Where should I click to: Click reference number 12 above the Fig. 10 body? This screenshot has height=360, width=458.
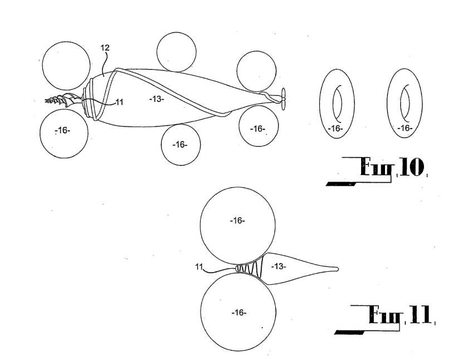(x=104, y=48)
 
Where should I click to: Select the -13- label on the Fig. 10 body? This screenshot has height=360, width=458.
(x=157, y=99)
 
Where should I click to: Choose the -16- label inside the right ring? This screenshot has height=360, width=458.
(x=405, y=129)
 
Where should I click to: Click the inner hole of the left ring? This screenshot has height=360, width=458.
(x=337, y=104)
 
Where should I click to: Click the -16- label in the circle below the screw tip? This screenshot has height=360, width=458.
(x=63, y=130)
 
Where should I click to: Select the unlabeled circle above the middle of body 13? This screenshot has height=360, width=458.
(x=176, y=52)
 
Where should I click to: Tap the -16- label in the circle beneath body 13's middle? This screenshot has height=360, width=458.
(x=179, y=144)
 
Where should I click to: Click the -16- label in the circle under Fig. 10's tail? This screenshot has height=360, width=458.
(x=257, y=129)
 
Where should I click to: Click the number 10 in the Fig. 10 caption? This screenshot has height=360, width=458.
(x=411, y=168)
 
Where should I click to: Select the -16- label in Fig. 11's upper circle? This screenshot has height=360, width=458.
(x=237, y=221)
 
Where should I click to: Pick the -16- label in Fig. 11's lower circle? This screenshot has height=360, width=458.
(x=238, y=312)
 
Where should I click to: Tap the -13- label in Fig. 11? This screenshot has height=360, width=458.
(x=279, y=267)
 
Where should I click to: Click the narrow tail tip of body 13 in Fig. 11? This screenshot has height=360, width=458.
(x=335, y=269)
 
